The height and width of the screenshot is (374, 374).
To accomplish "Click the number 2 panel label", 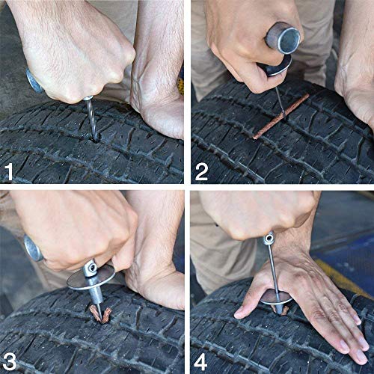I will click(201, 172).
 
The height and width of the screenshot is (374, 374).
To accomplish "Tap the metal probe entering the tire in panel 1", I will click(90, 120).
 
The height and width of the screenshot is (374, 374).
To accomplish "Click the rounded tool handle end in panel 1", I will click(34, 80).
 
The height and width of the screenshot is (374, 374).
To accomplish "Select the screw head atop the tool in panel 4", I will click(268, 239).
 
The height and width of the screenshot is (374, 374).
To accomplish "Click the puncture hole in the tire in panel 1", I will click(94, 138).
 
